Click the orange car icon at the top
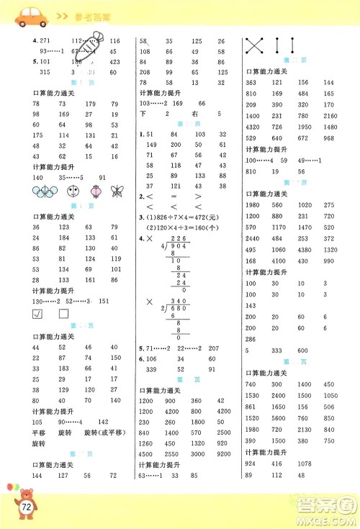(x=24, y=13)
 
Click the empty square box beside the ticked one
(x=63, y=315)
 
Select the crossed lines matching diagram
(x=254, y=45)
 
